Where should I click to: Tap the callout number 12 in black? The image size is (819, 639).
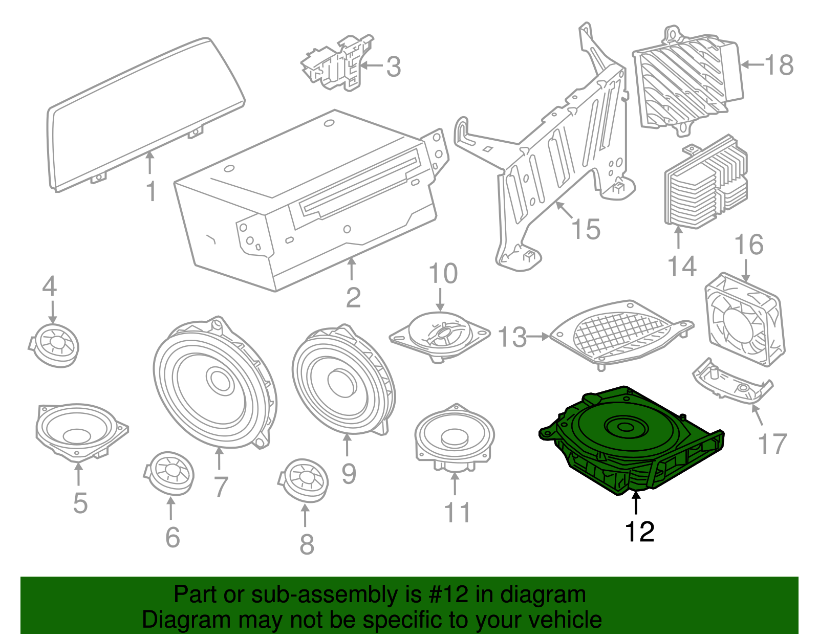click(x=639, y=532)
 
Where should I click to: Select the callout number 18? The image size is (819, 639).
click(x=779, y=65)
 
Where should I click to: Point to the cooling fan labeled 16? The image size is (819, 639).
click(x=745, y=320)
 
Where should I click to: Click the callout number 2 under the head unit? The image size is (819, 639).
click(x=353, y=298)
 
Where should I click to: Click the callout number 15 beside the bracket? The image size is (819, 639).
click(x=586, y=229)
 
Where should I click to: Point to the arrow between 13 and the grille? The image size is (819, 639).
click(x=537, y=337)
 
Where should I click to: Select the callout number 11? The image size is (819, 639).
click(x=457, y=513)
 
